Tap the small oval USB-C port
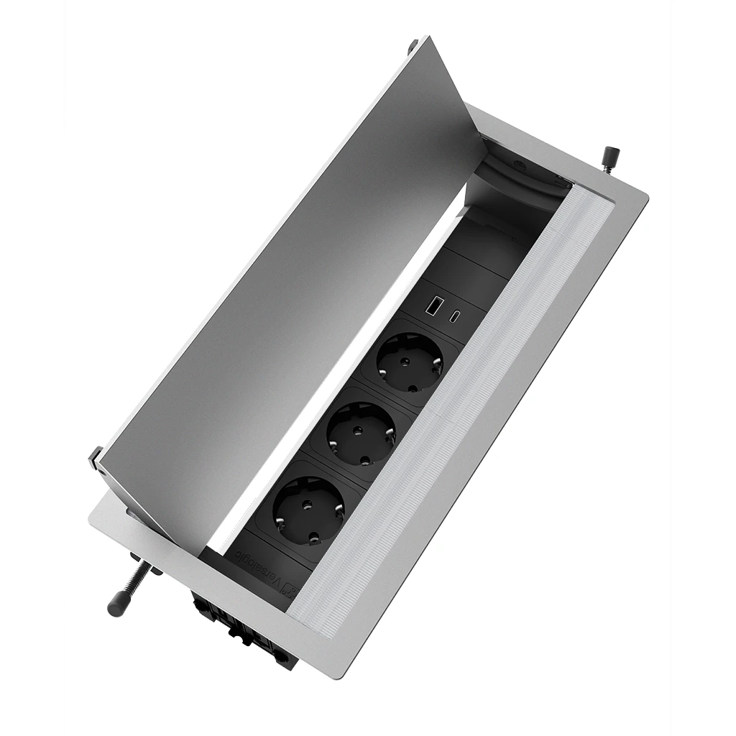(x=456, y=316)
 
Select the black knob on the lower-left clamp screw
(x=117, y=605)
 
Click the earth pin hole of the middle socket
(x=362, y=459)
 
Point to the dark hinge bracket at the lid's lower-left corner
(x=96, y=460)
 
